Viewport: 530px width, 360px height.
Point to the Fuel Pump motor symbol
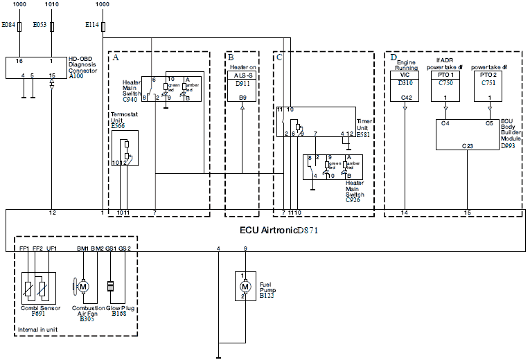tap(245, 286)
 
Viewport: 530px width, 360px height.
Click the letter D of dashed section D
tap(394, 57)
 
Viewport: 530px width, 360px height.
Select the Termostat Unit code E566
tap(118, 126)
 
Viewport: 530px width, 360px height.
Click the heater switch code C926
tap(355, 199)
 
